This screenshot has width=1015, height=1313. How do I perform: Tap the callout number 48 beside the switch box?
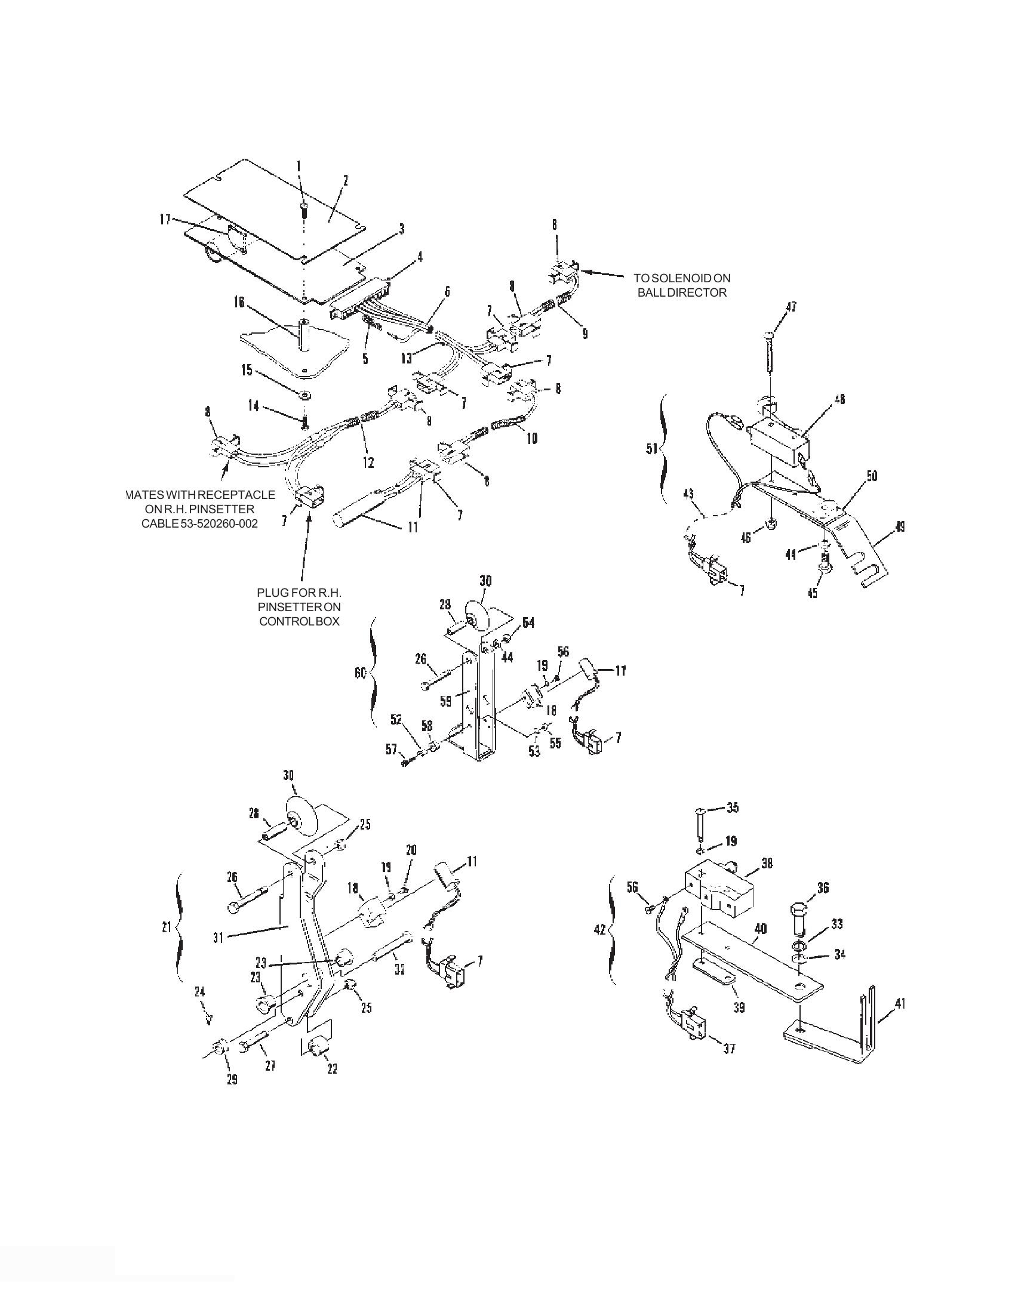[840, 398]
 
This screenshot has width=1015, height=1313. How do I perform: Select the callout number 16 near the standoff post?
[239, 302]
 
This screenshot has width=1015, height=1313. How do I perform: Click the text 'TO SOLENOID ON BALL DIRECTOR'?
[682, 285]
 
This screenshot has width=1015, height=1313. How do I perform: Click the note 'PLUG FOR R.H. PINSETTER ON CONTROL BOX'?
[299, 607]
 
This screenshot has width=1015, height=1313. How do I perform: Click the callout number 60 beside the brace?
[359, 674]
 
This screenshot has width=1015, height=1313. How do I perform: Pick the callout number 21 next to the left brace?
[167, 927]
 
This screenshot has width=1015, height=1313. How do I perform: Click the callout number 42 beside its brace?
[599, 929]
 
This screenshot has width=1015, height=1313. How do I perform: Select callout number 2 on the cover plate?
[346, 180]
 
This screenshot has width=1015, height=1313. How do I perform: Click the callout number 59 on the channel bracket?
[445, 701]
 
